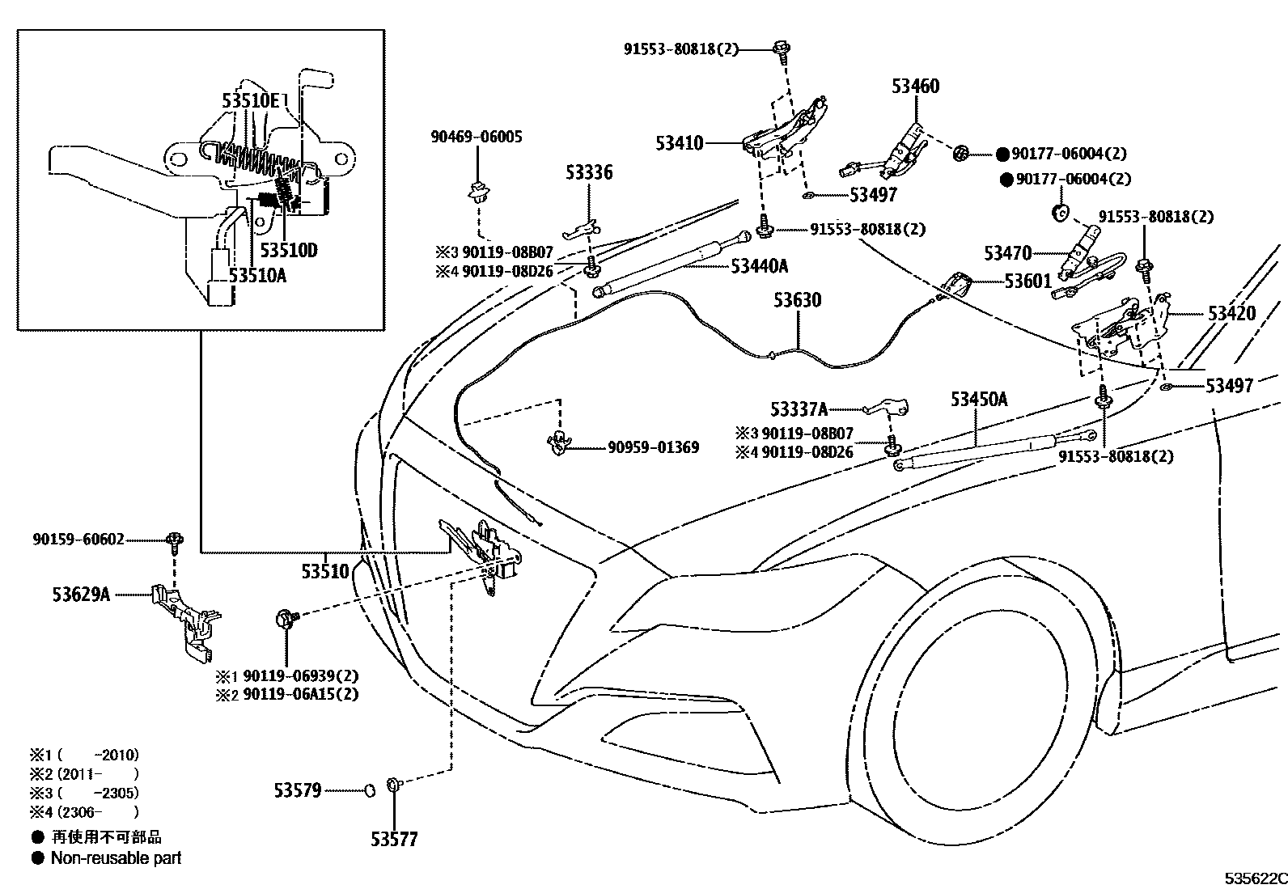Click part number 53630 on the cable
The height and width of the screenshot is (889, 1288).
[x=796, y=300]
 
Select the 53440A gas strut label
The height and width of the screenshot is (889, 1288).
[x=759, y=266]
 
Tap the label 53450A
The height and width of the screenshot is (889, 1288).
[x=978, y=399]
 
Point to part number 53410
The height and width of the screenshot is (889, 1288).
[x=680, y=143]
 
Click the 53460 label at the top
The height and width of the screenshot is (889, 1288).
[x=915, y=86]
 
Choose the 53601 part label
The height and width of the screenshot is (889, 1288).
[x=1027, y=281]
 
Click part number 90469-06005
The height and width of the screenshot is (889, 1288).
[x=476, y=137]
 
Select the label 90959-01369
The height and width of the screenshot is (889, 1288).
[x=653, y=447]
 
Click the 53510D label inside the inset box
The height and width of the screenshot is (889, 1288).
[x=289, y=250]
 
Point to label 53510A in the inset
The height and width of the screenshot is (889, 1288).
[x=257, y=275]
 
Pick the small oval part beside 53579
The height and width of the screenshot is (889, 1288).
[x=367, y=790]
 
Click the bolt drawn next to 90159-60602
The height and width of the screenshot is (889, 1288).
[x=174, y=540]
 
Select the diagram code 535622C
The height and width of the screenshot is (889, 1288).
[x=1253, y=878]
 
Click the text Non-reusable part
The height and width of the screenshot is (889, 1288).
[x=116, y=858]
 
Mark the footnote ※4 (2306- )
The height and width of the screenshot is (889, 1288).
[x=84, y=812]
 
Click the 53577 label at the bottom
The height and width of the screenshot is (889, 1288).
[x=394, y=839]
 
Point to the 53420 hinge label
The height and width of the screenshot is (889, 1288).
[x=1231, y=313]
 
